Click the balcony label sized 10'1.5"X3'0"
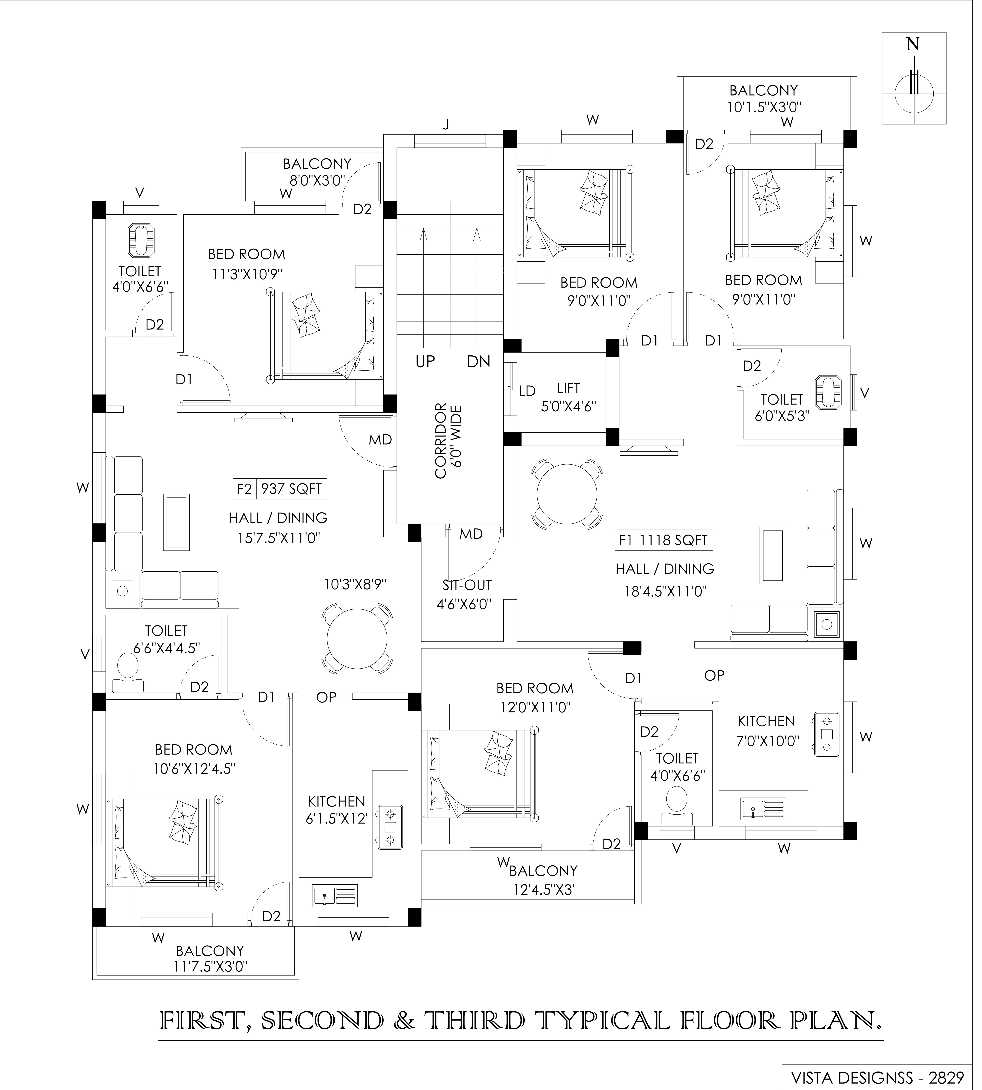pyautogui.click(x=763, y=98)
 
